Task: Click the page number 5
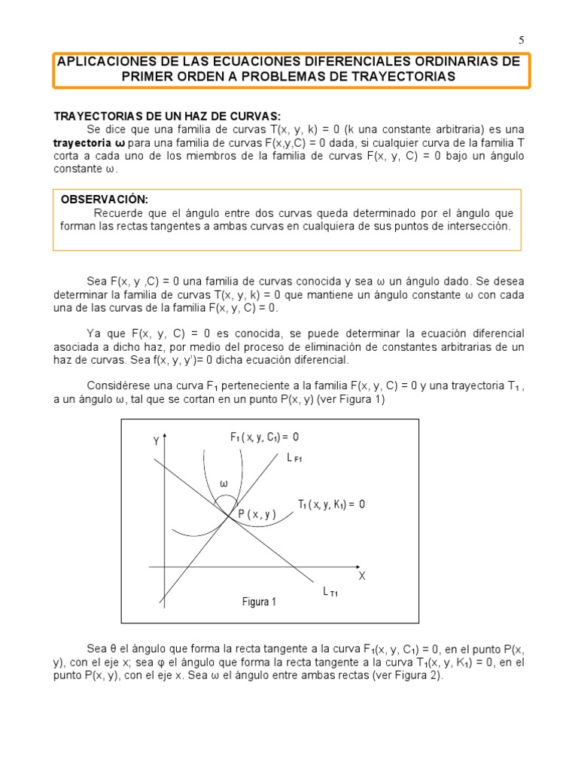[521, 41]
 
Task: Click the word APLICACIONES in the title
[106, 62]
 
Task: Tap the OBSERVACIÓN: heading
[105, 200]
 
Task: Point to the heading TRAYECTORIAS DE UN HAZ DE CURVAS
[166, 116]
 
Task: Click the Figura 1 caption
[259, 602]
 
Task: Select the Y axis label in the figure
[156, 441]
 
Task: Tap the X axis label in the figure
[361, 576]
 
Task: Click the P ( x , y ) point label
[257, 514]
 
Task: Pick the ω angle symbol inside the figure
[224, 483]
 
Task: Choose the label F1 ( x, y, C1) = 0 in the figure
[265, 437]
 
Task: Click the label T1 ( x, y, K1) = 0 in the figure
[331, 504]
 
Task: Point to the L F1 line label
[294, 456]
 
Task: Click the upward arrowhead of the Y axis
[164, 437]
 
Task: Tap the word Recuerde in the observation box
[118, 213]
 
